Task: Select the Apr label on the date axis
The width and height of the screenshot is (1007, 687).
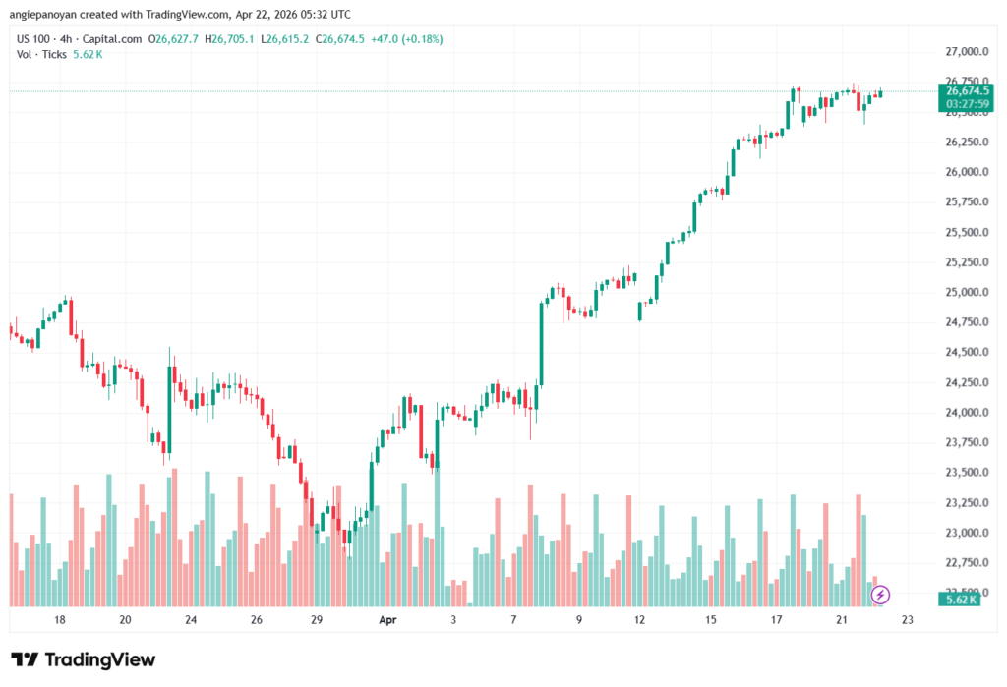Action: point(386,620)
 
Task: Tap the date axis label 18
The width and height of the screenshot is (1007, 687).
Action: point(60,620)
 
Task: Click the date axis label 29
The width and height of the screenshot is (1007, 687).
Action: point(317,620)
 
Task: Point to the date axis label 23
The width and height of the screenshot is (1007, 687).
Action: point(907,620)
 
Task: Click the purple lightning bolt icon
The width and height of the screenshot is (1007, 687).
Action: point(881,594)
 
